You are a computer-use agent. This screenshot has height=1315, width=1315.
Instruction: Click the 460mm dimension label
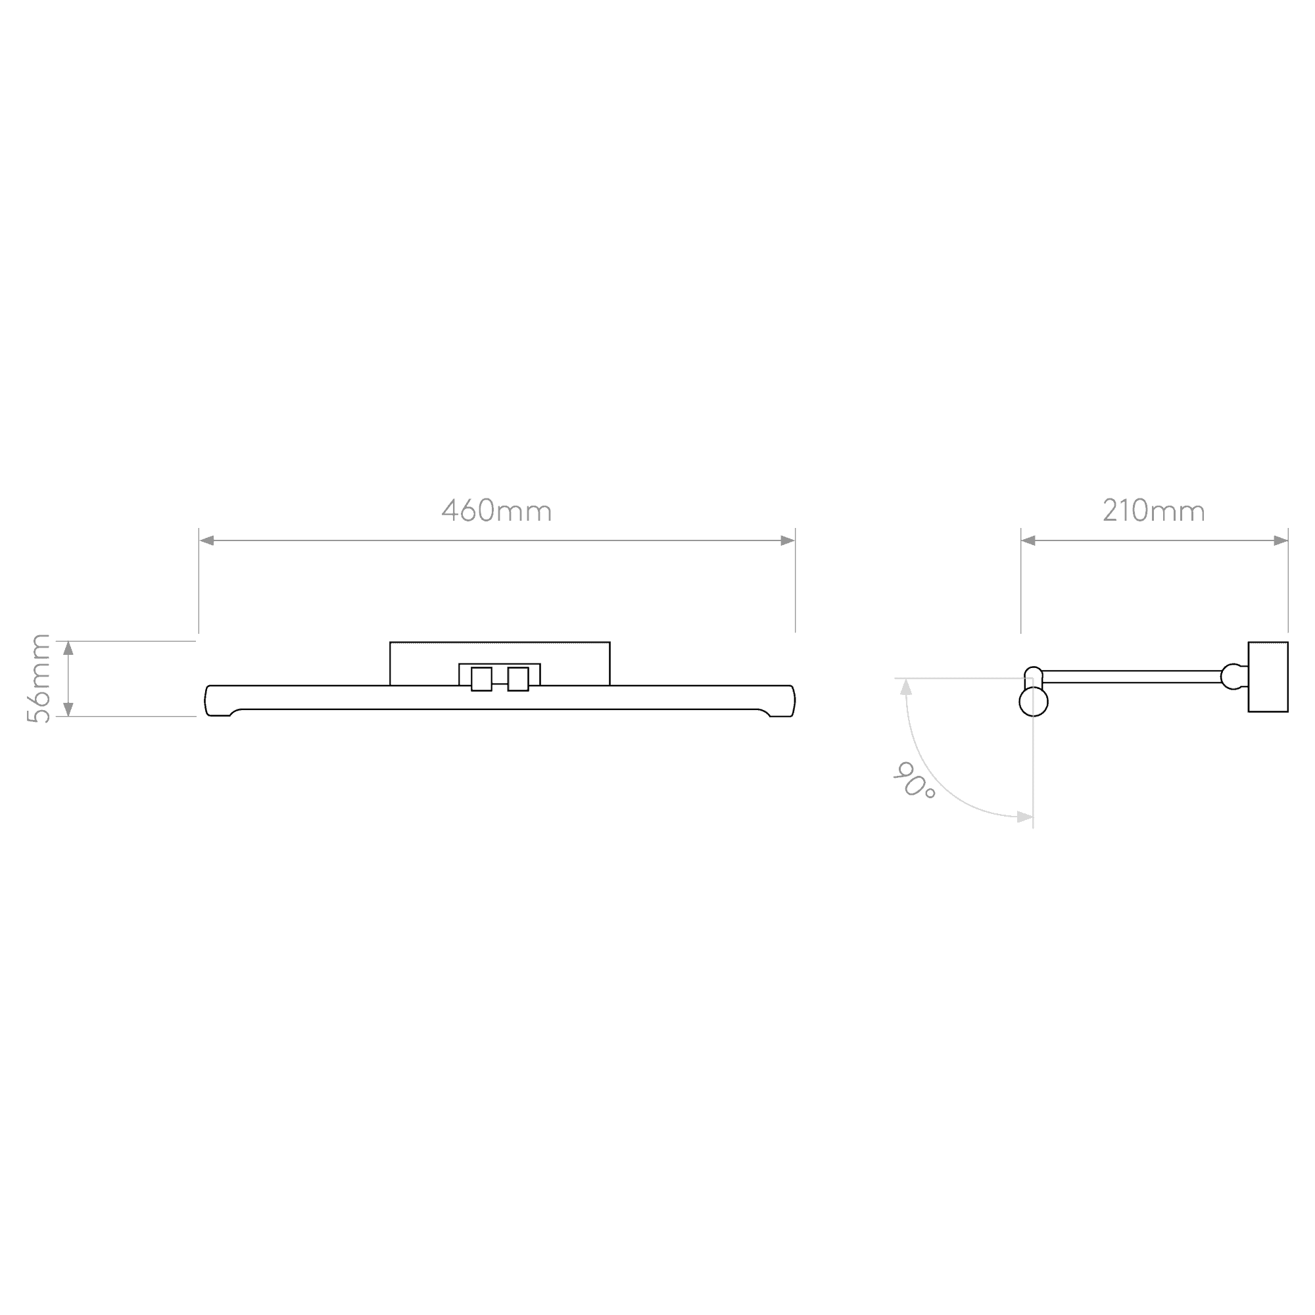coord(496,510)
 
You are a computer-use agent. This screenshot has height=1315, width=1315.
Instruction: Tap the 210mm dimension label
coord(1154,510)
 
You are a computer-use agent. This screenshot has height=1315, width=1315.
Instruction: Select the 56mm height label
coord(38,678)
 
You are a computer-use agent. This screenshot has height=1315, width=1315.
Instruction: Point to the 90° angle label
coord(914,780)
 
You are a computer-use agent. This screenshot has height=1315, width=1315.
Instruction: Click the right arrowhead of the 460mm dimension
coord(788,540)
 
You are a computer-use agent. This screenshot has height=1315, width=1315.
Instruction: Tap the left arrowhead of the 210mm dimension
coord(1028,540)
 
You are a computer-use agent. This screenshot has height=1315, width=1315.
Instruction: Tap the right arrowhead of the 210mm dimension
coord(1280,540)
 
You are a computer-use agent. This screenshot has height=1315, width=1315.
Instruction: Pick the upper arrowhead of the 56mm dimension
coord(68,648)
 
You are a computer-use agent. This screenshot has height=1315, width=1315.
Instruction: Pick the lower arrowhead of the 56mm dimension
coord(68,709)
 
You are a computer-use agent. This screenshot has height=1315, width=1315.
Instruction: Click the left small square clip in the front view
coord(481,679)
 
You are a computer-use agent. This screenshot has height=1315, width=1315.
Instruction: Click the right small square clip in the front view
coord(518,679)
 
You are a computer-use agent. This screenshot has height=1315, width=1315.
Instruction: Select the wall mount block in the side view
coord(1268,677)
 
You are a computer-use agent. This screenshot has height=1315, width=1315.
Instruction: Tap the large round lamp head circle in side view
coord(1033,702)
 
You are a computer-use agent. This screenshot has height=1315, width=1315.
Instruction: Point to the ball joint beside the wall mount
coord(1233,677)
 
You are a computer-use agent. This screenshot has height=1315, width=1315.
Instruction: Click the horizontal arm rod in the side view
coord(1132,677)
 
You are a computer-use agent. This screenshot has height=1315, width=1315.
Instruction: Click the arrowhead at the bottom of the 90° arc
coord(1025,817)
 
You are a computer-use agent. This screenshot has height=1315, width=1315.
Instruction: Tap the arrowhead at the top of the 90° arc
coord(906,687)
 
